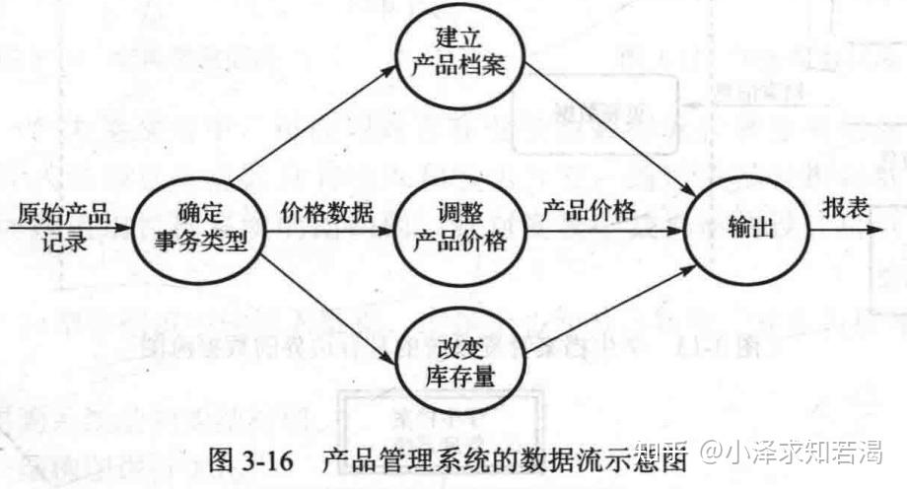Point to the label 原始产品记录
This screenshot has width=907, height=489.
click(x=62, y=227)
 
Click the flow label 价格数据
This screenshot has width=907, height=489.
click(x=326, y=212)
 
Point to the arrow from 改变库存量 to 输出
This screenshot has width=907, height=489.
click(x=606, y=310)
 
